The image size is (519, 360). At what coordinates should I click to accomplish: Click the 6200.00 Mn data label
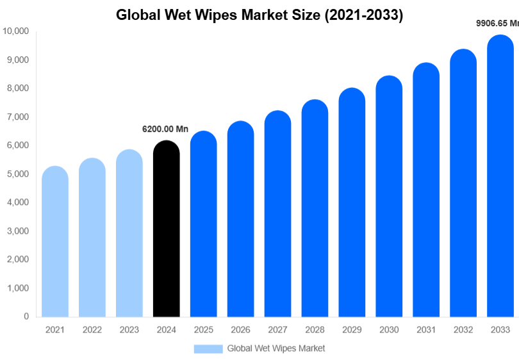point(165,129)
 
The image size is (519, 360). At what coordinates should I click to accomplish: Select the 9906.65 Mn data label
point(497,23)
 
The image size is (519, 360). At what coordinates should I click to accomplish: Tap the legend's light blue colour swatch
point(208,348)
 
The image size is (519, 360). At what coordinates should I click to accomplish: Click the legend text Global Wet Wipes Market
point(276,348)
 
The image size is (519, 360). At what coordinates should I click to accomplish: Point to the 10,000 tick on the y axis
point(16,31)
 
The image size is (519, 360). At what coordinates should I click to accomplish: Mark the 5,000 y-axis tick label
point(18,174)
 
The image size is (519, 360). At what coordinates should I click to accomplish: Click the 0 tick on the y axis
point(26,316)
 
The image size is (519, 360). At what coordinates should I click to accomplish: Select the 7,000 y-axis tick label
point(18,117)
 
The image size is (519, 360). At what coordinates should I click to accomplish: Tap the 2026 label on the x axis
point(240,329)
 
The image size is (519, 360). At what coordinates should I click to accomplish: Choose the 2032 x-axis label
point(463,329)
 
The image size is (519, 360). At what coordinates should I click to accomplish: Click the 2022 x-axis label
point(92,329)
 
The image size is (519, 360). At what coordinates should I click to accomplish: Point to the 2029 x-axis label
point(352,329)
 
